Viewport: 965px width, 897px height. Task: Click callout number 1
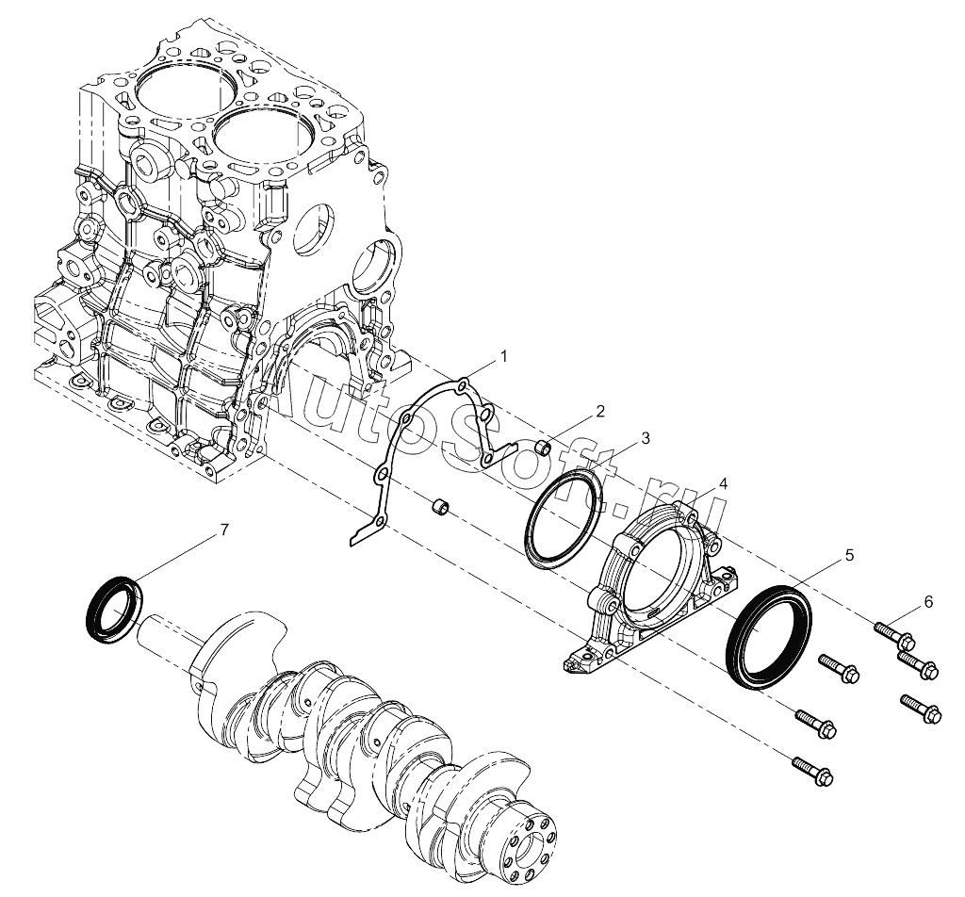coord(503,356)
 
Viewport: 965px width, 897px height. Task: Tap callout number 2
coord(600,411)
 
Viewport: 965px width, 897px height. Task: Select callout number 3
coord(645,438)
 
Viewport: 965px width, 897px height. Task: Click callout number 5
coord(849,556)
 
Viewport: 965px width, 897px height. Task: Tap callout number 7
coord(224,530)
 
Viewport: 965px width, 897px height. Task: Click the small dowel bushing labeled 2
coord(542,448)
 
